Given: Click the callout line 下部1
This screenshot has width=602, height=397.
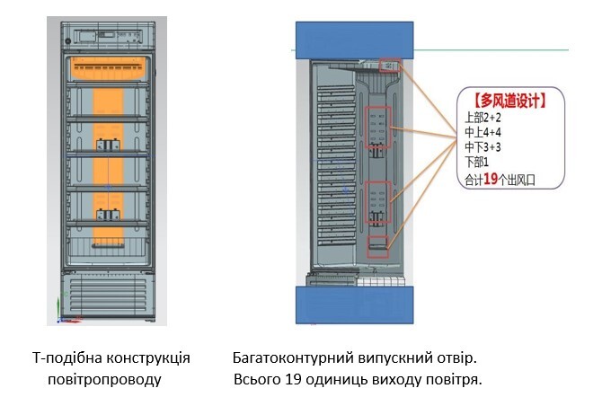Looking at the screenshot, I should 476,163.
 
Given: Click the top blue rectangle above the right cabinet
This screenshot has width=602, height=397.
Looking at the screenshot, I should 354,39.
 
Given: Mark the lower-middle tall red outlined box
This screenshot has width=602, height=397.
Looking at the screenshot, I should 379,204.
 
